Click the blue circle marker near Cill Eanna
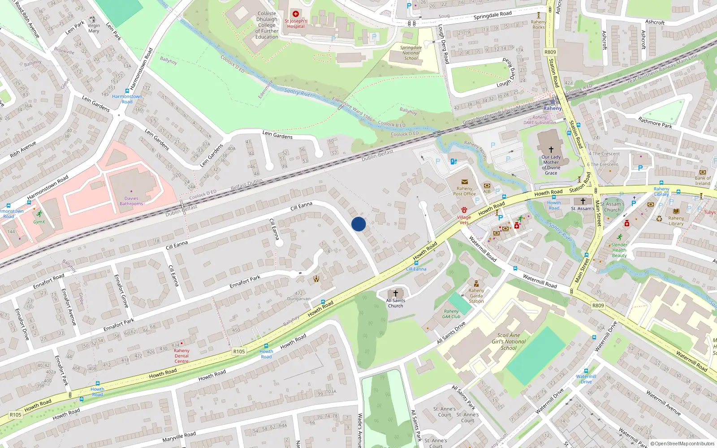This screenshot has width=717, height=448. (x=358, y=224)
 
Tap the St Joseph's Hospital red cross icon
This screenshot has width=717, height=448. (x=296, y=14)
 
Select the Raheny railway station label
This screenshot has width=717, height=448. (x=552, y=108)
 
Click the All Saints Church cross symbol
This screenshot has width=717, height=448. (x=395, y=293)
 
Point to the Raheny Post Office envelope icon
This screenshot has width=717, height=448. (x=464, y=182)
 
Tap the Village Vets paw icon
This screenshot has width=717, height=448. (x=464, y=210)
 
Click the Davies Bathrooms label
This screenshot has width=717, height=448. (x=131, y=201)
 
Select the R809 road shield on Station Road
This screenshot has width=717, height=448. (x=550, y=52)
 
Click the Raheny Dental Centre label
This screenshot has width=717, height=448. (x=181, y=356)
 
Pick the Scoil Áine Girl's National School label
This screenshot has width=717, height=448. (x=509, y=341)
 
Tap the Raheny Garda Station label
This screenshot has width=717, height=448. (x=476, y=296)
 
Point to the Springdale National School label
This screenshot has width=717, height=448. (x=411, y=53)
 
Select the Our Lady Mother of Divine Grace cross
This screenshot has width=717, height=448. (x=551, y=149)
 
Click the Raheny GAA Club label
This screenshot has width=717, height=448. (x=451, y=314)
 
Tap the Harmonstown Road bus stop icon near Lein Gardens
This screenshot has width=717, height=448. (x=127, y=91)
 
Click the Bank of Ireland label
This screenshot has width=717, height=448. (x=702, y=181)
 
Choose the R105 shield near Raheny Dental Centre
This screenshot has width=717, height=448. (x=239, y=352)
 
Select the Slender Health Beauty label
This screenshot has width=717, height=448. (x=619, y=250)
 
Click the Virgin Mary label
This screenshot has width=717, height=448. (x=94, y=28)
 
